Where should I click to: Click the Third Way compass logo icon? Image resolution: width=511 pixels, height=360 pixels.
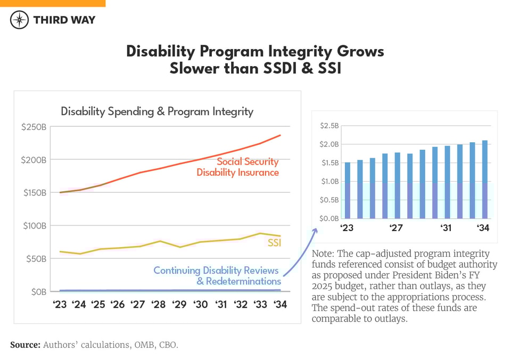[x=19, y=20]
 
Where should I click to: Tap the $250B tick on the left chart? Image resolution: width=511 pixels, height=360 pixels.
[x=34, y=127]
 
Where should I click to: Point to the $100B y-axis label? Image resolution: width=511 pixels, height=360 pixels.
[x=34, y=226]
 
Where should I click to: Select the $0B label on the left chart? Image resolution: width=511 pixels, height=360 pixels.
[x=37, y=292]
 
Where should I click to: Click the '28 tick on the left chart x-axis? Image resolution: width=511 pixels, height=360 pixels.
[x=158, y=305]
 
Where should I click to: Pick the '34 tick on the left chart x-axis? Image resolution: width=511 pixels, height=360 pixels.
[x=279, y=305]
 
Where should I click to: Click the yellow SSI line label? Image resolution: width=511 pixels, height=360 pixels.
[x=274, y=243]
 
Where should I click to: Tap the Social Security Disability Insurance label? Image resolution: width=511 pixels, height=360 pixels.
[x=238, y=167]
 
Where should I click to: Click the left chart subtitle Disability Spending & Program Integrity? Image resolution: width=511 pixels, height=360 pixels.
[x=157, y=111]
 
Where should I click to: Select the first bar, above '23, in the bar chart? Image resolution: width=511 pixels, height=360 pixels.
[x=348, y=190]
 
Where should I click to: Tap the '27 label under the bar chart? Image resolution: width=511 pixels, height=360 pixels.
[x=395, y=228]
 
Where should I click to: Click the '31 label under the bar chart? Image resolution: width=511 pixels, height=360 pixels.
[x=446, y=228]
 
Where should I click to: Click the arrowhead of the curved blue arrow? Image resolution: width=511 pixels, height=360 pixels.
[x=316, y=230]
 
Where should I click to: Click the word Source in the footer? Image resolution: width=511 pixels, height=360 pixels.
[x=25, y=345]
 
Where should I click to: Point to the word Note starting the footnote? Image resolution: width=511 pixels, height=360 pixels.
[x=323, y=253]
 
